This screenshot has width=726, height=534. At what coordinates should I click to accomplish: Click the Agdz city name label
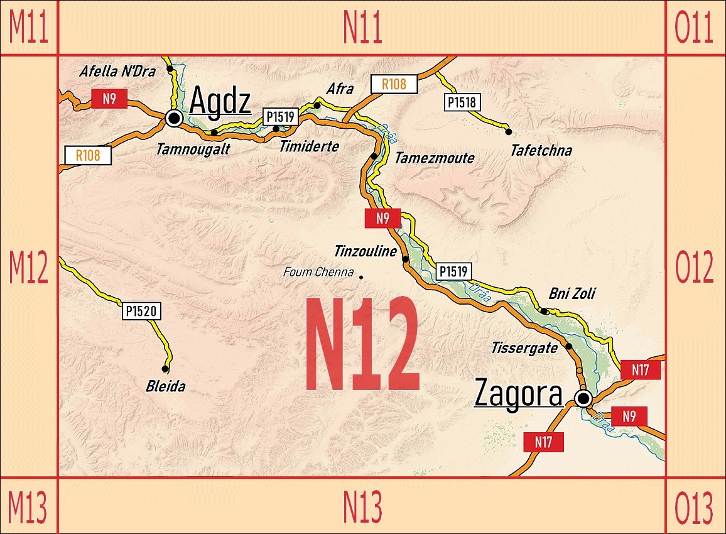point(220,101)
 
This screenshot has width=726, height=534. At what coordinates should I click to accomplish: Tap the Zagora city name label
point(518,394)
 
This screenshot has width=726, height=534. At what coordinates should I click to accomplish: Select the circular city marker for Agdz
point(174,117)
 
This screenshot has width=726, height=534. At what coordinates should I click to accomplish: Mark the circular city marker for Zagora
point(583,398)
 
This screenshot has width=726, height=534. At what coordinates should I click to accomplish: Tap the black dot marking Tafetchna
point(509,131)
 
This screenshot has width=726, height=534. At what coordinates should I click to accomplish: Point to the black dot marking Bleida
point(165,369)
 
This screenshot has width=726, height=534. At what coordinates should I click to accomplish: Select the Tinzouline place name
point(366,252)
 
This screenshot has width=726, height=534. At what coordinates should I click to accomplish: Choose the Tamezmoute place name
point(434,158)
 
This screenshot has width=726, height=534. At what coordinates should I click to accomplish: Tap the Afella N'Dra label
point(117,72)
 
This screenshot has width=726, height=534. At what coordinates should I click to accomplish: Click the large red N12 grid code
point(362,344)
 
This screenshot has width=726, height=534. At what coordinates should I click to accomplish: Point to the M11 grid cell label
point(28,28)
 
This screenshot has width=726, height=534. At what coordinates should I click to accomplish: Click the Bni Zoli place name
point(572,293)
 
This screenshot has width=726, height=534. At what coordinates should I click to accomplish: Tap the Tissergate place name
point(524,347)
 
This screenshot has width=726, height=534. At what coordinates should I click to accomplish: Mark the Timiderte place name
point(309,146)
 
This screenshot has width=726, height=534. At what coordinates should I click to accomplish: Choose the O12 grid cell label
point(694,268)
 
